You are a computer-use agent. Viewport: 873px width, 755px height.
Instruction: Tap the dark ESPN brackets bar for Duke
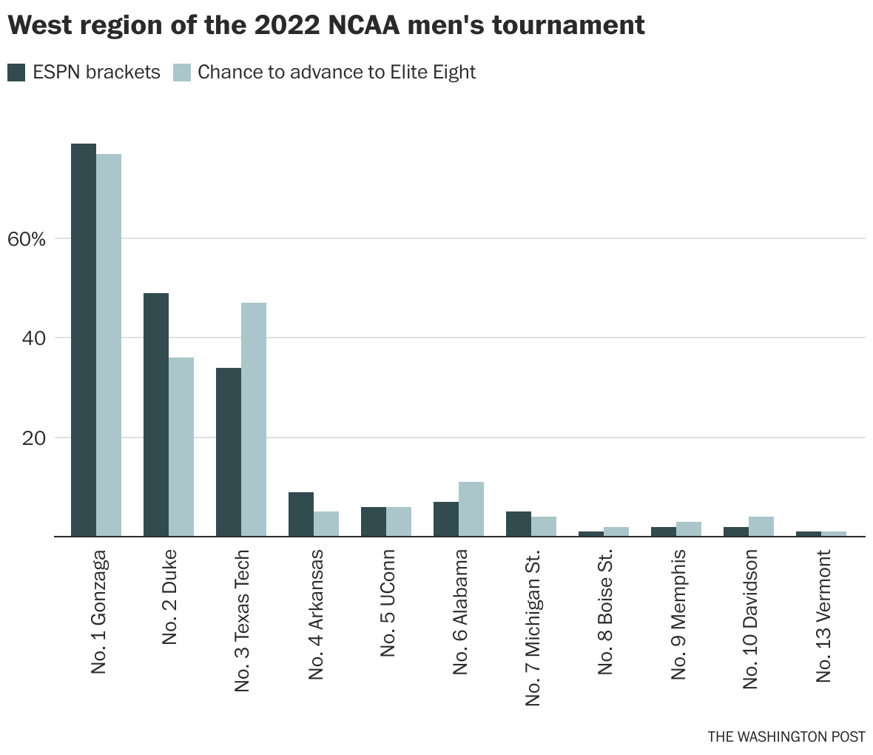click(156, 415)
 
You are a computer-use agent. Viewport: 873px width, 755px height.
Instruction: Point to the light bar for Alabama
click(471, 509)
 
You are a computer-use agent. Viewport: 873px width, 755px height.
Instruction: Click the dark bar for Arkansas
click(301, 514)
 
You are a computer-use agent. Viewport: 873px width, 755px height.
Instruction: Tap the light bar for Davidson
click(761, 526)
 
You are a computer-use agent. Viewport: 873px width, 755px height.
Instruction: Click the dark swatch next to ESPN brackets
click(16, 73)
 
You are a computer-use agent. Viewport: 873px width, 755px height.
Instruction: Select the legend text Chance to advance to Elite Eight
click(337, 73)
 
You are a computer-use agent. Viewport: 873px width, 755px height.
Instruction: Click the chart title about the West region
click(326, 26)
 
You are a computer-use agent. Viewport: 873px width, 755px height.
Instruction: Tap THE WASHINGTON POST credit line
click(786, 736)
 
